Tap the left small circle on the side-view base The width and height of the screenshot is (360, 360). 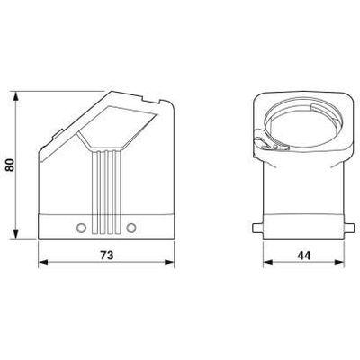click(82, 226)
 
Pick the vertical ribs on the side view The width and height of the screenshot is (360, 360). click(107, 184)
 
